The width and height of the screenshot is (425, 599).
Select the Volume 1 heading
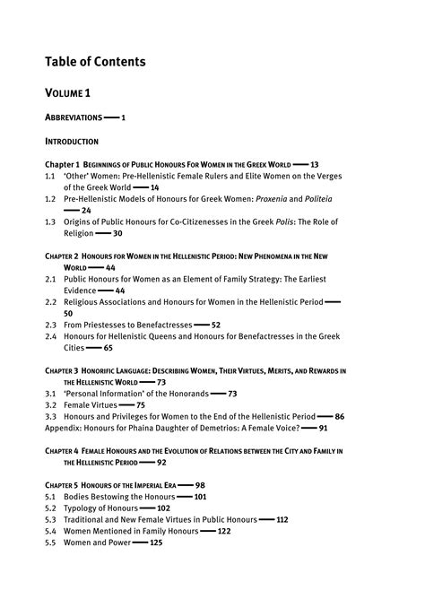pyautogui.click(x=67, y=93)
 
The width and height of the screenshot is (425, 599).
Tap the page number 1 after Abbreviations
pyautogui.click(x=123, y=117)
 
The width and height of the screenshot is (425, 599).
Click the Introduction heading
pyautogui.click(x=72, y=142)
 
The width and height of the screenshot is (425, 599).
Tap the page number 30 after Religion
pyautogui.click(x=117, y=233)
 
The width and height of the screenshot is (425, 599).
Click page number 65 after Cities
pyautogui.click(x=108, y=347)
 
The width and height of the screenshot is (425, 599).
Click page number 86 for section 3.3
pyautogui.click(x=339, y=416)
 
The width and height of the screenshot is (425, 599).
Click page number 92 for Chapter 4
pyautogui.click(x=161, y=462)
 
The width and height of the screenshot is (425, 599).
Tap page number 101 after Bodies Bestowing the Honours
pyautogui.click(x=200, y=496)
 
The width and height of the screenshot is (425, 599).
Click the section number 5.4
pyautogui.click(x=51, y=531)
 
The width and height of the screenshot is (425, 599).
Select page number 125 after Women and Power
pyautogui.click(x=156, y=543)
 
